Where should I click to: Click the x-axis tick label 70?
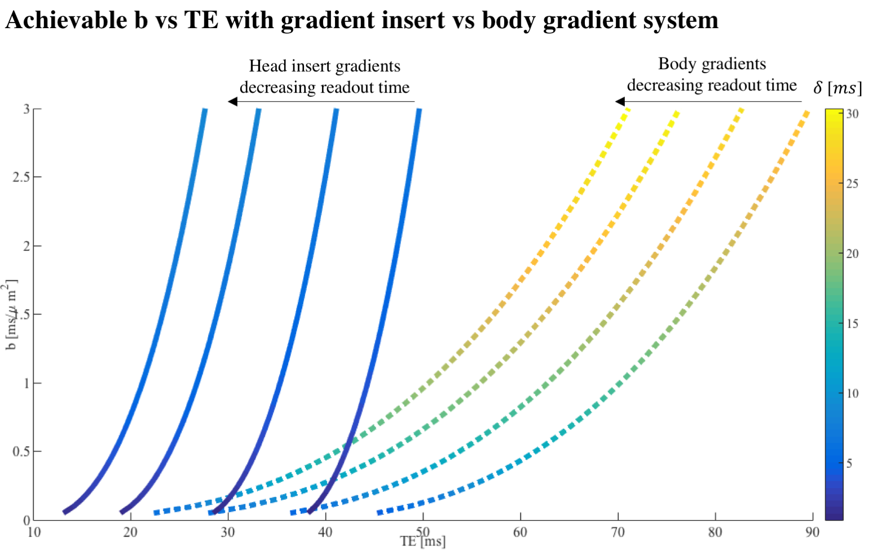(x=618, y=533)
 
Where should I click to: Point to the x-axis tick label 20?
(x=130, y=533)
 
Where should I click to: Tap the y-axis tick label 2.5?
(x=21, y=178)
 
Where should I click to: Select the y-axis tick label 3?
(x=26, y=109)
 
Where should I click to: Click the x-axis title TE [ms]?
(x=422, y=542)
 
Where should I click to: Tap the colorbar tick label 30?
(x=852, y=114)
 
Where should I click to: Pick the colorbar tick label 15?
(x=852, y=324)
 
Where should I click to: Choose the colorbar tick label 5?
(x=849, y=464)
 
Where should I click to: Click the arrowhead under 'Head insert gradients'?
(x=232, y=102)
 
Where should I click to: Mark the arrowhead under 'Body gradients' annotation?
(x=620, y=102)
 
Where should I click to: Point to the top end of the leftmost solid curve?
(x=205, y=111)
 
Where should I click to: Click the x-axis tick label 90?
(x=812, y=533)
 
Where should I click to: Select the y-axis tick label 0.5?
(x=21, y=452)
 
